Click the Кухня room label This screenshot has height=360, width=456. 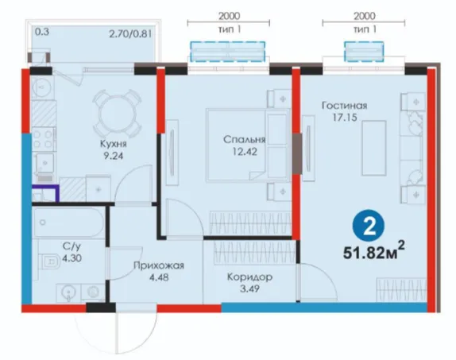[x=114, y=144]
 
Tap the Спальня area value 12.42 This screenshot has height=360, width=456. [x=245, y=152]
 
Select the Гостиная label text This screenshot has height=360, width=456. [x=344, y=106]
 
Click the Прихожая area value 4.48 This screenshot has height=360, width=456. [x=159, y=277]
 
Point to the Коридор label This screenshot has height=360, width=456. [x=249, y=277]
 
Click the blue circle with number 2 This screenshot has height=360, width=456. [x=369, y=226]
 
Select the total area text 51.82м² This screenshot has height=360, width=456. [x=373, y=252]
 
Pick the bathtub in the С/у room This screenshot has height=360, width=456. [x=68, y=223]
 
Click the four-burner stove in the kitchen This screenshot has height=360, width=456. [x=44, y=139]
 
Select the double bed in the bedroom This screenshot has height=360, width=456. [x=248, y=145]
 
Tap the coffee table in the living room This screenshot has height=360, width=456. [x=374, y=148]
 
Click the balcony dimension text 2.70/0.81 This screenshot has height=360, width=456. [x=130, y=34]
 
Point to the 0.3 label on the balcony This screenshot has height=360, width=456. [x=42, y=32]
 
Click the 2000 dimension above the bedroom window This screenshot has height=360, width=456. [x=230, y=16]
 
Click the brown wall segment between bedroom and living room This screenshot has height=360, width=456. [x=296, y=153]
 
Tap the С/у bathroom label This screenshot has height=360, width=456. [x=71, y=246]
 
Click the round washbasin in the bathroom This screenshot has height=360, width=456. [x=68, y=292]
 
